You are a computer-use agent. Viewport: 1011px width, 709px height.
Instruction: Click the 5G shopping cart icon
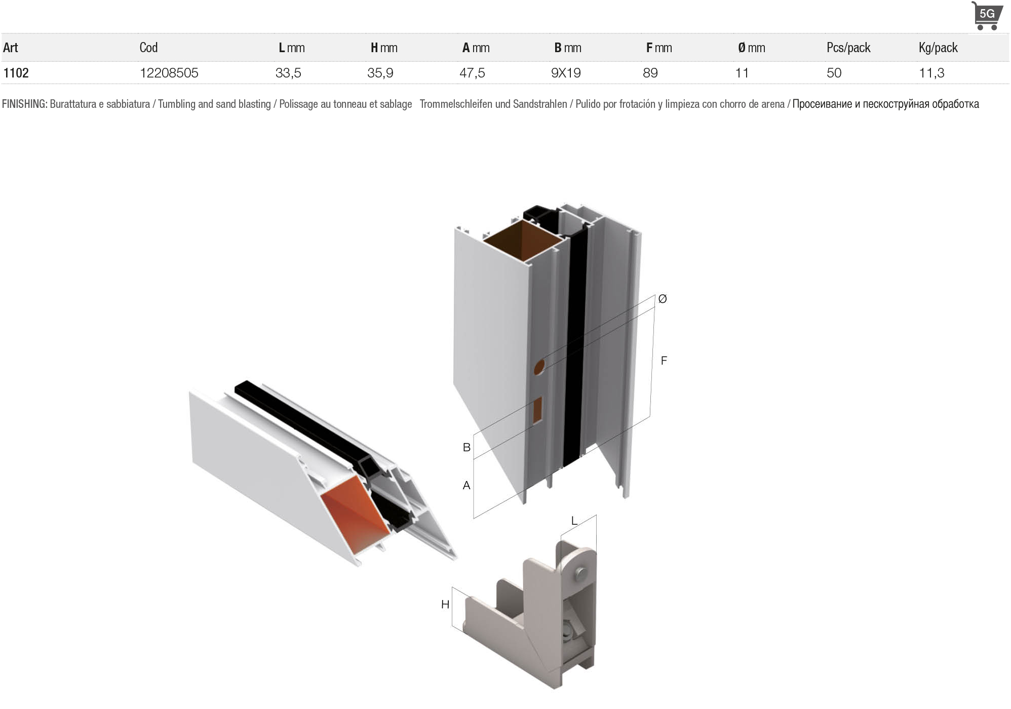986,16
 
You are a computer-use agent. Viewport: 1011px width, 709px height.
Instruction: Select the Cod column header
148,48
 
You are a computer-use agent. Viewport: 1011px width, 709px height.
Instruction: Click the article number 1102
16,73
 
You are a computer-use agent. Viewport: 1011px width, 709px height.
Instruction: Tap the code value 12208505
169,73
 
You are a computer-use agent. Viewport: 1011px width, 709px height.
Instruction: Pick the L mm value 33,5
288,73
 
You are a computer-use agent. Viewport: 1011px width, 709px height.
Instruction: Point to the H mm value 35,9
380,73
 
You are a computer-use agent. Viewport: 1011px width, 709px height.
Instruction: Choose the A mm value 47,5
472,73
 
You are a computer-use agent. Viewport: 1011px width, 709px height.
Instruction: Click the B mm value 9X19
566,73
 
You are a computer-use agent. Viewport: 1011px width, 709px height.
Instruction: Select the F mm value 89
650,73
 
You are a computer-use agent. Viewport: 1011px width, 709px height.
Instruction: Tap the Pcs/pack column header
848,48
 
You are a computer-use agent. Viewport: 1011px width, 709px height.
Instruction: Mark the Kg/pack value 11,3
931,73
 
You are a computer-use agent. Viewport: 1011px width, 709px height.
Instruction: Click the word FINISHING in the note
24,104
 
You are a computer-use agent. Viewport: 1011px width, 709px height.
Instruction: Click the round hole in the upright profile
539,367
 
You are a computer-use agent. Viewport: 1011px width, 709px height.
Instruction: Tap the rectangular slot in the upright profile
537,410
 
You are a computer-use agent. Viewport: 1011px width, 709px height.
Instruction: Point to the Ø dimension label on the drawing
663,299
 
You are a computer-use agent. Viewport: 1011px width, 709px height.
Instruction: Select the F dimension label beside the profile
664,361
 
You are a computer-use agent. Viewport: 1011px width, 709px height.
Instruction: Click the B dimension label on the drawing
466,447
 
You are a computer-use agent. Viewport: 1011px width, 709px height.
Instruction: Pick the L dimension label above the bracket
574,521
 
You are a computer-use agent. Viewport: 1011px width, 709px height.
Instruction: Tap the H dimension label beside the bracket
445,604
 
